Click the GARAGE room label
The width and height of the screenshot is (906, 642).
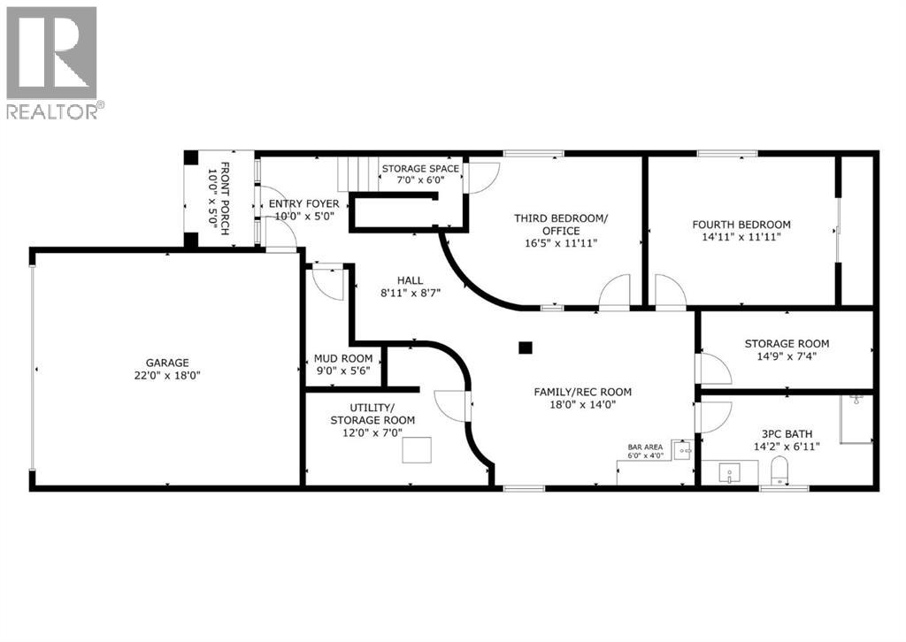point(167,363)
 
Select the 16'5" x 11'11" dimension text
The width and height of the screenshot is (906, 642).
point(561,243)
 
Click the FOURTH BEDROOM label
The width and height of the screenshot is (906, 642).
point(741,225)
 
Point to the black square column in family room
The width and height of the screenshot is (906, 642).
point(526,348)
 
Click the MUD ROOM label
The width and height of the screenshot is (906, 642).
point(343,359)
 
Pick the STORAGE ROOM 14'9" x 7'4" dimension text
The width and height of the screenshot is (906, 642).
point(786,358)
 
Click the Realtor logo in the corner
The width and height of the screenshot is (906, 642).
point(52,62)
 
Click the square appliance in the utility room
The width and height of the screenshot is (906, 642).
point(417,450)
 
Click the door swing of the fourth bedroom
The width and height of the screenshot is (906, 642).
point(670,293)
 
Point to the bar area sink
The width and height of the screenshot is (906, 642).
point(682,450)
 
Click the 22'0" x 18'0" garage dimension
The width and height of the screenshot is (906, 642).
point(167,375)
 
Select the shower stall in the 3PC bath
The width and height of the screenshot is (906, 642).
point(856,419)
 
